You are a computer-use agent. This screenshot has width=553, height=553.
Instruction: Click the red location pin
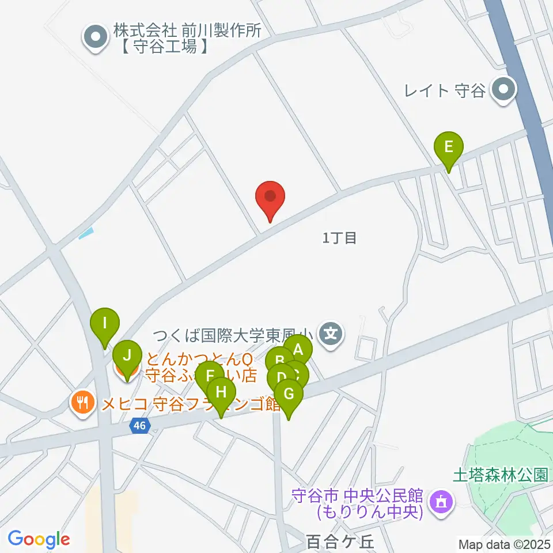coord(270,197)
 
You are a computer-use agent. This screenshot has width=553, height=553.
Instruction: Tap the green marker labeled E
coord(449,148)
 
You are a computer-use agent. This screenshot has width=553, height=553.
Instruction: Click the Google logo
coord(39,539)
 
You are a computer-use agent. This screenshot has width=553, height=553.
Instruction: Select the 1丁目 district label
coord(340,237)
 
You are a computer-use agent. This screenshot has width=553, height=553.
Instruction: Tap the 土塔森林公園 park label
coord(499,475)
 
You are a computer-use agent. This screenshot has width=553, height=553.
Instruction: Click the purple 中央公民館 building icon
coord(442,502)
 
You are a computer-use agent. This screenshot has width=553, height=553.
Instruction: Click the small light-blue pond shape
coord(85,233)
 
